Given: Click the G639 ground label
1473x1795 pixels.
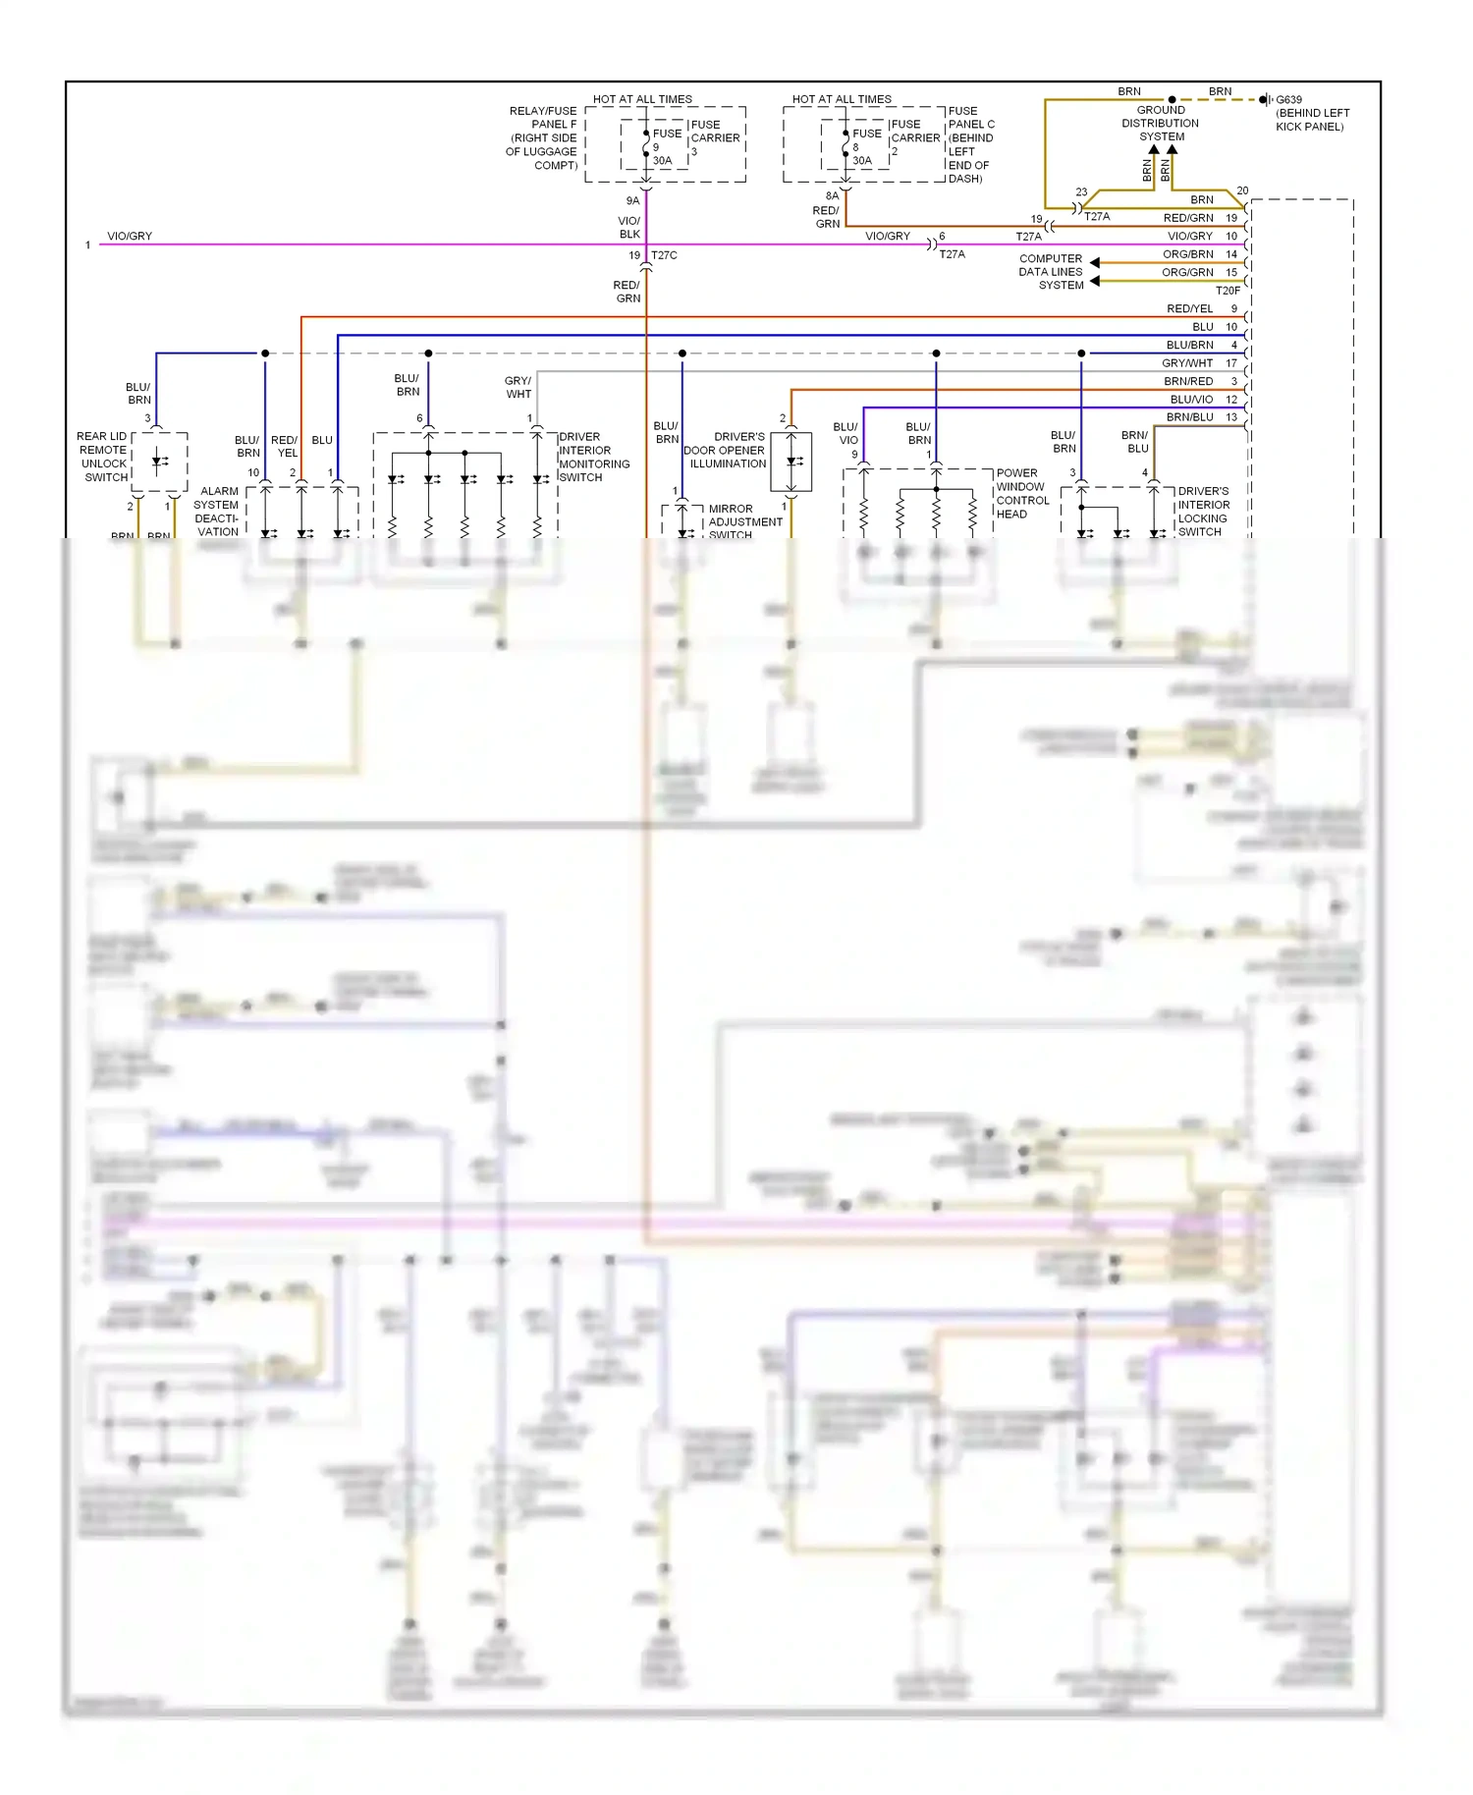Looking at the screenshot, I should pyautogui.click(x=1288, y=99).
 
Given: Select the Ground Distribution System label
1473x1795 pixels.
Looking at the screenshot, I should pyautogui.click(x=1161, y=124).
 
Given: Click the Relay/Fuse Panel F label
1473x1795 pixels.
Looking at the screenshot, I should pyautogui.click(x=542, y=137).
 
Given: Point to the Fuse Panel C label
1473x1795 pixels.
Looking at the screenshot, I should pyautogui.click(x=970, y=144).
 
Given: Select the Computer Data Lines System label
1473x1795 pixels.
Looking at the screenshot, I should pyautogui.click(x=1051, y=272).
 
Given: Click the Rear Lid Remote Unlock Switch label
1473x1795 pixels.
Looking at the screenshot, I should pyautogui.click(x=103, y=457).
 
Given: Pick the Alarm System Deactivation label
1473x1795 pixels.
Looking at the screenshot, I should pyautogui.click(x=217, y=512).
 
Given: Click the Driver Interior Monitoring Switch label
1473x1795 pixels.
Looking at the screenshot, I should pyautogui.click(x=593, y=457).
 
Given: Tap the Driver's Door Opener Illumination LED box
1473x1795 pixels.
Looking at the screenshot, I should pyautogui.click(x=791, y=461).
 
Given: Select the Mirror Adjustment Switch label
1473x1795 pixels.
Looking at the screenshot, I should pyautogui.click(x=744, y=521).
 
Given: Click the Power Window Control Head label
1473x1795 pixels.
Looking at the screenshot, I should pyautogui.click(x=1021, y=493).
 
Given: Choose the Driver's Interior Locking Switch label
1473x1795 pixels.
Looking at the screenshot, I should pyautogui.click(x=1203, y=511).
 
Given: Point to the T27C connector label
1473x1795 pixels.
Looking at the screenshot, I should pyautogui.click(x=664, y=255).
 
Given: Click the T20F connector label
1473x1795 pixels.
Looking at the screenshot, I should pyautogui.click(x=1227, y=291).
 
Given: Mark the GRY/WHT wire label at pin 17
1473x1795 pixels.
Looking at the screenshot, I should pyautogui.click(x=1187, y=363).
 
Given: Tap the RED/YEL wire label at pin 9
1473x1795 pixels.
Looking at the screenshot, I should pyautogui.click(x=1189, y=308).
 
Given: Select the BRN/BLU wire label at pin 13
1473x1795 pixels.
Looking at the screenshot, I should pyautogui.click(x=1189, y=417).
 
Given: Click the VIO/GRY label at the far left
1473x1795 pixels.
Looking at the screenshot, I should pyautogui.click(x=130, y=236).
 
